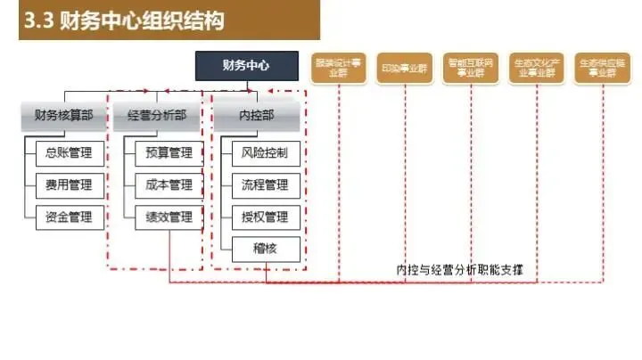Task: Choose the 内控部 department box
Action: [x=257, y=115]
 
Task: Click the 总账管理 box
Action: [x=69, y=153]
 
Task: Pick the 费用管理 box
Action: [x=69, y=185]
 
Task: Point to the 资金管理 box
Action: [x=69, y=217]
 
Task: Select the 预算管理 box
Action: [x=169, y=153]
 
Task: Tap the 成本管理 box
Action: [x=169, y=185]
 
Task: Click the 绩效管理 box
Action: [x=169, y=217]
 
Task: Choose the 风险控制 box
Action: [x=265, y=153]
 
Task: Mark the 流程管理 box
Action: [x=265, y=185]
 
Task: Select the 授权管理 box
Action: [x=265, y=217]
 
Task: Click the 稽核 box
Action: [x=265, y=248]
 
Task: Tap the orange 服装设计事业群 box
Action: [x=338, y=68]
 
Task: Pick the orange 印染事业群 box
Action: [x=404, y=68]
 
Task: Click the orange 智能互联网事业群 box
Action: [x=470, y=68]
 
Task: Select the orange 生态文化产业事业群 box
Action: [x=536, y=68]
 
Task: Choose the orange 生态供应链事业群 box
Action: [x=602, y=68]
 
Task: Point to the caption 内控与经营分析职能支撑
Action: [x=459, y=268]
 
